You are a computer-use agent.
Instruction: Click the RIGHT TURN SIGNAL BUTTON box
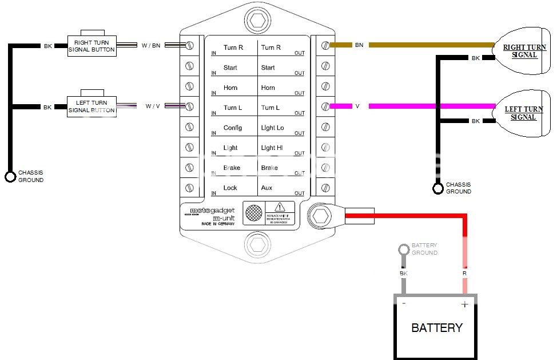(x=91, y=45)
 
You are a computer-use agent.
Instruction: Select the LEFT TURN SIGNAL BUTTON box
(x=91, y=106)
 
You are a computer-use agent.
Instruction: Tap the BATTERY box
(x=436, y=327)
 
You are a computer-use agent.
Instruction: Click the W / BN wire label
(x=152, y=45)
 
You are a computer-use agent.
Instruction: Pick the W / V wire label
(x=153, y=106)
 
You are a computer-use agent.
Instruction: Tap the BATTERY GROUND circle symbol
(x=404, y=249)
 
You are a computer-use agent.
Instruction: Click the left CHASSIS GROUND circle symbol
(x=10, y=176)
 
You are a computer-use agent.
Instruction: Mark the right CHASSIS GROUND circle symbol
(x=438, y=188)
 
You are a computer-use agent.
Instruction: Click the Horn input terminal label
(x=230, y=88)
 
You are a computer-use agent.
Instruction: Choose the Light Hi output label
(x=272, y=148)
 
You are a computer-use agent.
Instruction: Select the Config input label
(x=232, y=128)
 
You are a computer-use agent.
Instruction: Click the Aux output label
(x=266, y=188)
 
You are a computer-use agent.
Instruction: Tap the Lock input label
(x=230, y=188)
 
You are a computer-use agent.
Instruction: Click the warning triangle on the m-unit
(x=280, y=207)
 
